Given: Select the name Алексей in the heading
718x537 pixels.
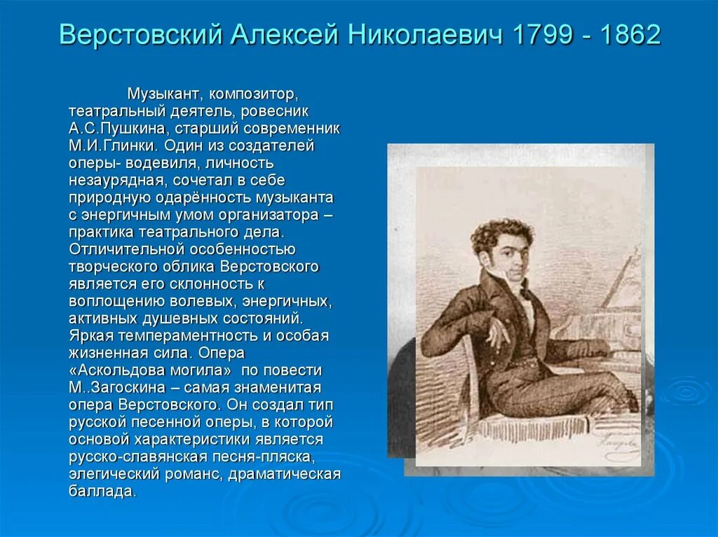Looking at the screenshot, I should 283,34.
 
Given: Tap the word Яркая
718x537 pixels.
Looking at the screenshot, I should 93,335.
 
